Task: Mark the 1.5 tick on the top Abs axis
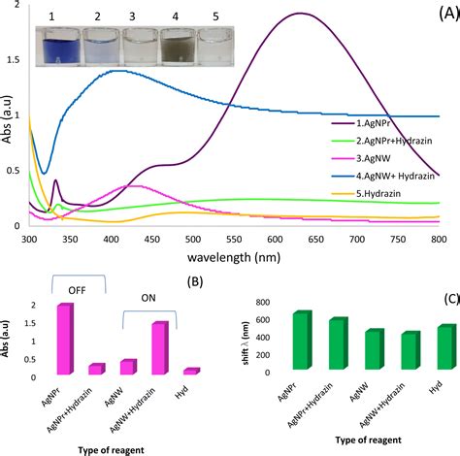pos(12,59)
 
